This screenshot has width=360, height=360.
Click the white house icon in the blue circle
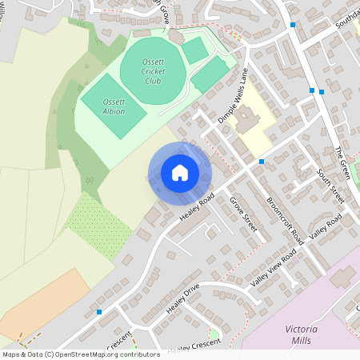point(180,172)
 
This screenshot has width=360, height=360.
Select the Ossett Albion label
point(114,107)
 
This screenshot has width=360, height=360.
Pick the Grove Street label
point(243,214)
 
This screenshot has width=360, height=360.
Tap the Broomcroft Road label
point(283,220)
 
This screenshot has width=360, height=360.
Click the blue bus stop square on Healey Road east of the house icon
point(262,162)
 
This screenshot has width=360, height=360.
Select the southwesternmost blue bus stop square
point(99,311)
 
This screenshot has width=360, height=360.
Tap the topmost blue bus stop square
point(293,25)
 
